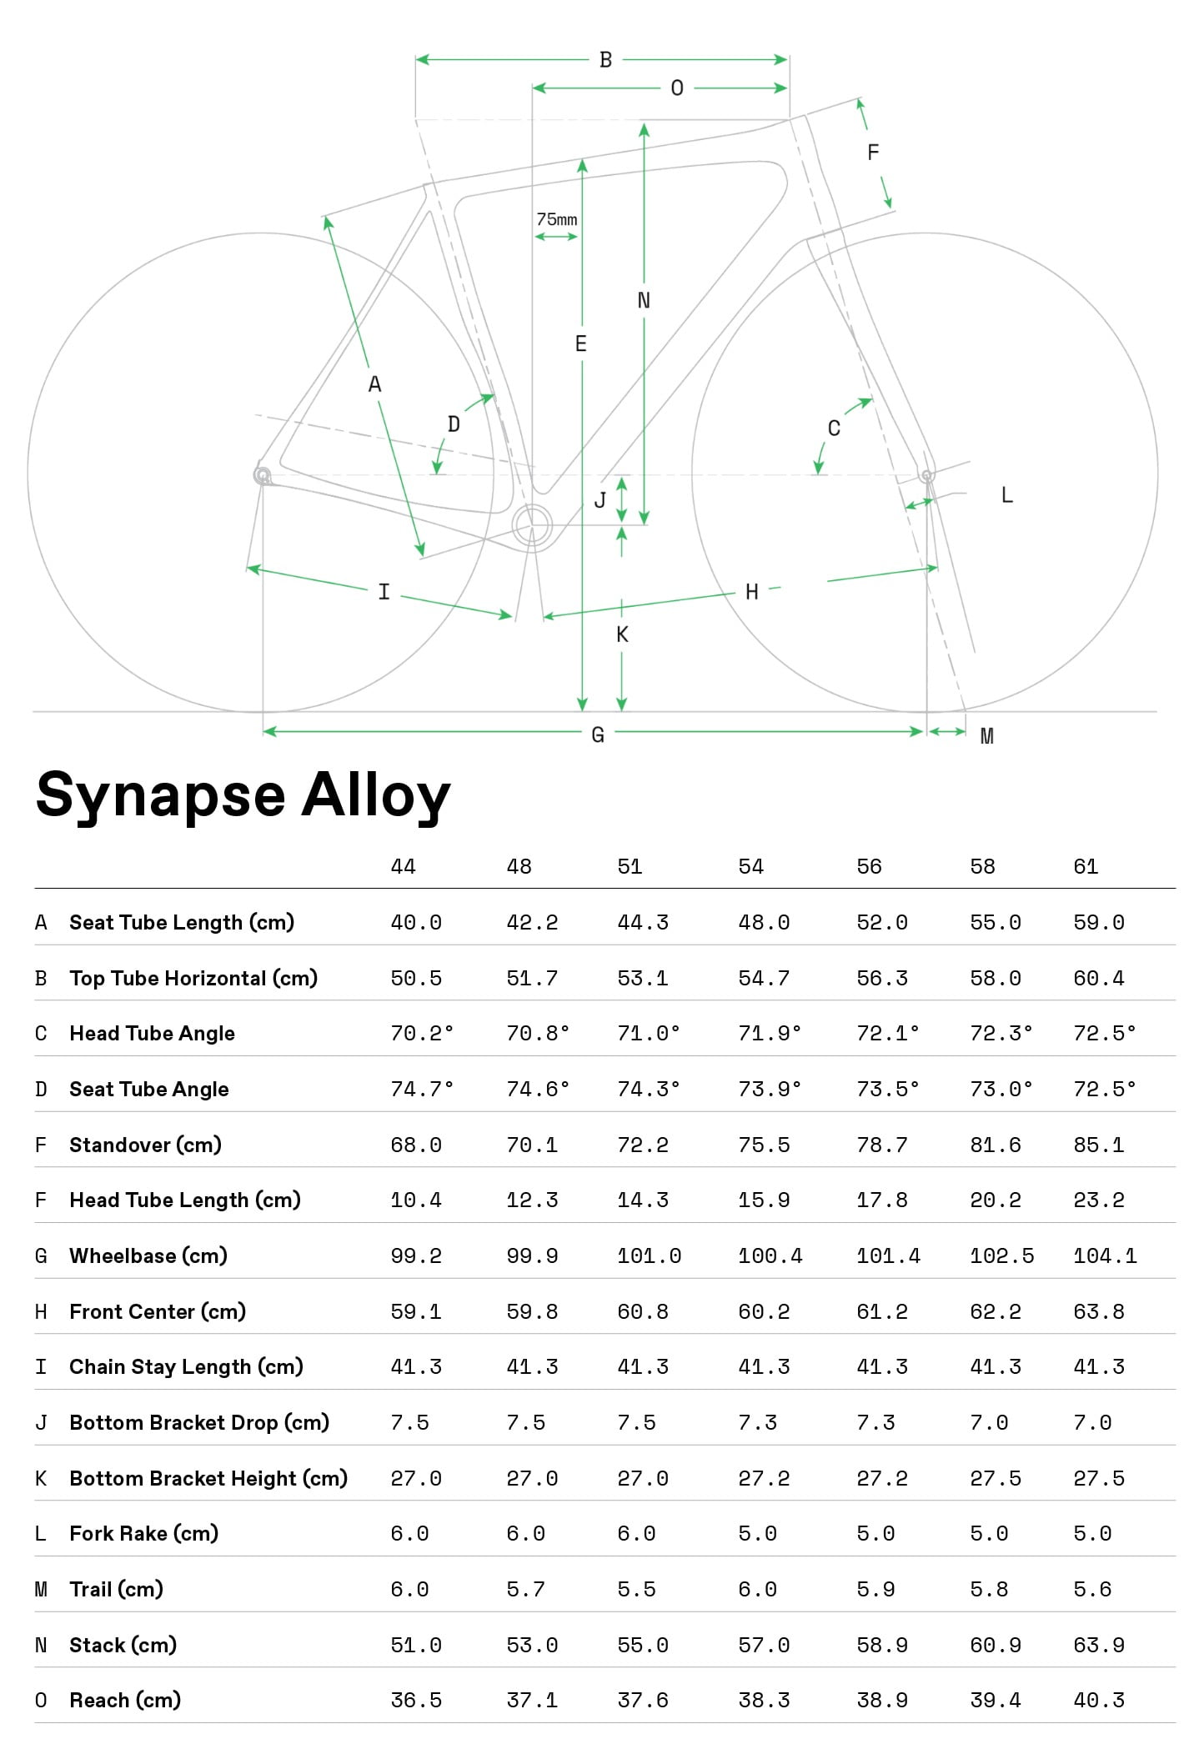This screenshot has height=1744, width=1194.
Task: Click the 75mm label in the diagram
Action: coord(556,219)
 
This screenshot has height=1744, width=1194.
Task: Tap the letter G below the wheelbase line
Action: coord(598,734)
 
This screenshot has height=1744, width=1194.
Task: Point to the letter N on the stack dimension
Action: coord(644,300)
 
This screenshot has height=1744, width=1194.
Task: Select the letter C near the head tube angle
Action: coord(834,428)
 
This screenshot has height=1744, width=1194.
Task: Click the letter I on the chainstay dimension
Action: coord(384,592)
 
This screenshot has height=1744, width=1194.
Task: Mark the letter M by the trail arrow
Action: coord(986,736)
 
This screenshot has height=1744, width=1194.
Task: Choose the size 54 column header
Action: coord(750,866)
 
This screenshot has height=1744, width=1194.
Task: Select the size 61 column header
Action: coord(1086,866)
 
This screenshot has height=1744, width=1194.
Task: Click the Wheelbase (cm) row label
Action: coord(148,1255)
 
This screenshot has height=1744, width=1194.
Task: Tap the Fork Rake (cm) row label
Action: coord(144,1533)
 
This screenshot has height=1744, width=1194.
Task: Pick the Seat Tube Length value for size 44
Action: coord(416,922)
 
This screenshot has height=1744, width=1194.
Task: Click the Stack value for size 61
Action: coord(1099,1645)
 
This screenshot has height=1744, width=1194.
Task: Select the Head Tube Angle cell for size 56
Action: coord(888,1033)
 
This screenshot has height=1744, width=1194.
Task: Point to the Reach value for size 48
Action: coord(532,1700)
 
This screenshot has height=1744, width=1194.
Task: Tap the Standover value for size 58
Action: coord(996,1145)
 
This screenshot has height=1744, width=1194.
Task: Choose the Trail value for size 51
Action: coord(636,1589)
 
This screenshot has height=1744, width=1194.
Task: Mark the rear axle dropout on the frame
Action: coord(263,475)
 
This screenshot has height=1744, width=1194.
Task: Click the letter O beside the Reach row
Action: coord(41,1700)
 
